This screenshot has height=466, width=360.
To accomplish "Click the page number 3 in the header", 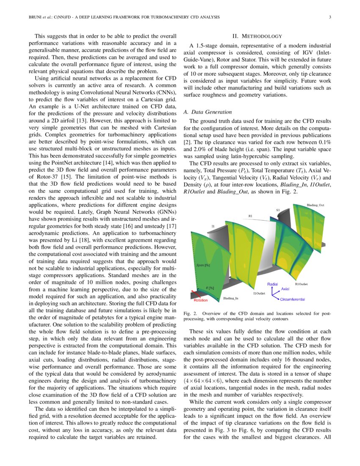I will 330,17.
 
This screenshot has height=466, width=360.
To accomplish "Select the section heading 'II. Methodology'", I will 258,37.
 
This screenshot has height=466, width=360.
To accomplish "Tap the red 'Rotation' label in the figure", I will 201,300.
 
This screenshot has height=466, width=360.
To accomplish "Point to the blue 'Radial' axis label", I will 272,284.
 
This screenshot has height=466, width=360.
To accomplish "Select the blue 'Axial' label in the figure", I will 285,289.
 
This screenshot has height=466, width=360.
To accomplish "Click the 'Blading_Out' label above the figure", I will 316,205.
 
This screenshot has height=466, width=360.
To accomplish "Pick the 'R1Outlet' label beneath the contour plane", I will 303,284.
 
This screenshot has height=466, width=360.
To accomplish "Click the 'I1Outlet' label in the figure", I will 259,293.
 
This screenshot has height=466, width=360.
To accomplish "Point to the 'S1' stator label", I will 278,210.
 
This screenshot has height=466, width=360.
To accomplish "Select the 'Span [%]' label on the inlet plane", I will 203,265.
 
